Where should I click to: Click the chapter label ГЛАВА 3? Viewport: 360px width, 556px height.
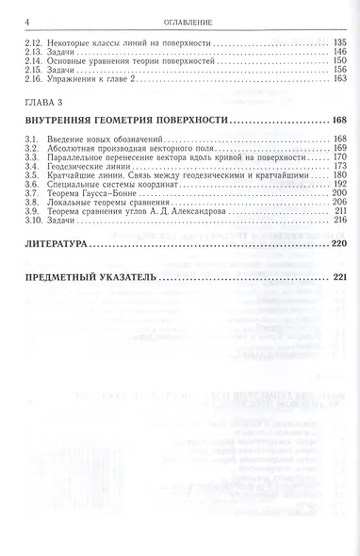44,100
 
